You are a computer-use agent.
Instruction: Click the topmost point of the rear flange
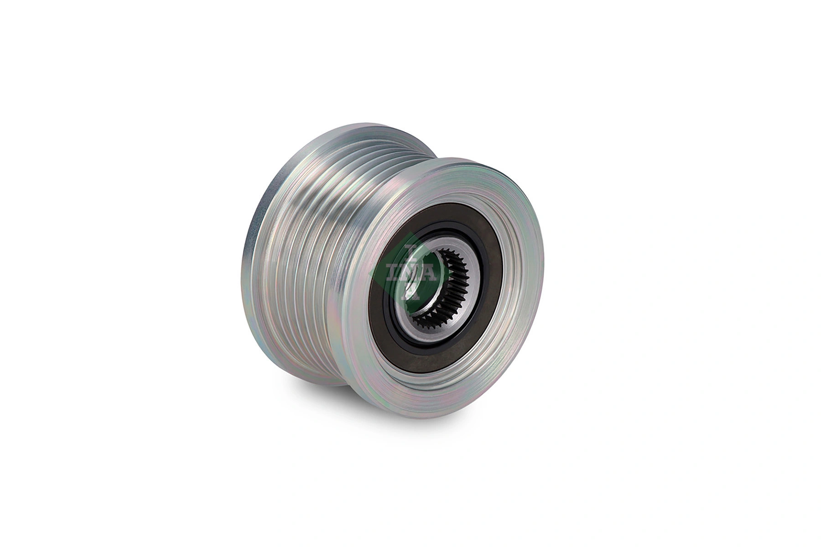(x=360, y=124)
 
